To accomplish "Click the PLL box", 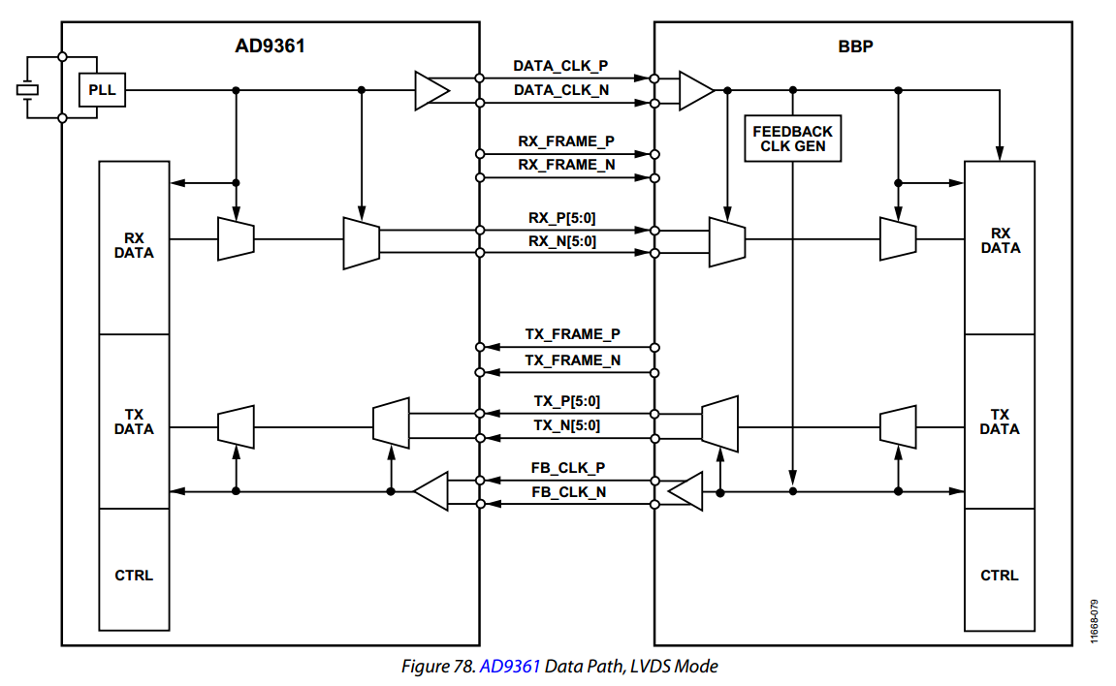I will (101, 90).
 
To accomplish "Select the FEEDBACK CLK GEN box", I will (792, 139).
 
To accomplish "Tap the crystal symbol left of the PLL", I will (28, 90).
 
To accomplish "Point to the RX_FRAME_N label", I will (566, 165).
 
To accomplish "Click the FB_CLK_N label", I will (569, 492).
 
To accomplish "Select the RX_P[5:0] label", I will (562, 218).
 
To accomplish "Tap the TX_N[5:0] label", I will (566, 425).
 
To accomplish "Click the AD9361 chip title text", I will (270, 45).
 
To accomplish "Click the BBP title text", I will (855, 45).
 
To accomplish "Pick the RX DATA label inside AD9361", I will (133, 244).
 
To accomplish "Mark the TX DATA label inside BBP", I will (999, 421).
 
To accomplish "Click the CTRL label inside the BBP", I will (999, 575).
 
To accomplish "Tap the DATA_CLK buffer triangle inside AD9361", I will (430, 90).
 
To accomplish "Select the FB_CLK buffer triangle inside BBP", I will (686, 492).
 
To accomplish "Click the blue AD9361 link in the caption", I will (510, 667).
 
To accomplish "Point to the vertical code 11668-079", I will (1096, 621).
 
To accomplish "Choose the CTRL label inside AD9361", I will (133, 575).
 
